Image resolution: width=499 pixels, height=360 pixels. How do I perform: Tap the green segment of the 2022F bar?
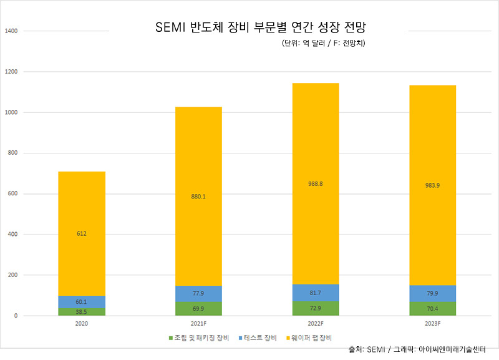(316, 309)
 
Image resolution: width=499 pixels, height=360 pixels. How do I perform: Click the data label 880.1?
(198, 197)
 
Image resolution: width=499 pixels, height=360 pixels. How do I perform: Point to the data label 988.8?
(316, 183)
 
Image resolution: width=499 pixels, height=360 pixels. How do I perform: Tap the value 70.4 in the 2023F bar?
(432, 308)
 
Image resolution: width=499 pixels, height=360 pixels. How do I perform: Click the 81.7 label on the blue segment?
(316, 293)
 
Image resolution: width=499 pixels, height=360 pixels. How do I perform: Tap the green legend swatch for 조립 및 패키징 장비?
(170, 338)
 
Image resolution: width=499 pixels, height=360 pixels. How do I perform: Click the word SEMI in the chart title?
(170, 28)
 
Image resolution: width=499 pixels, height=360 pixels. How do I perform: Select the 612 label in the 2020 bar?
(82, 233)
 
